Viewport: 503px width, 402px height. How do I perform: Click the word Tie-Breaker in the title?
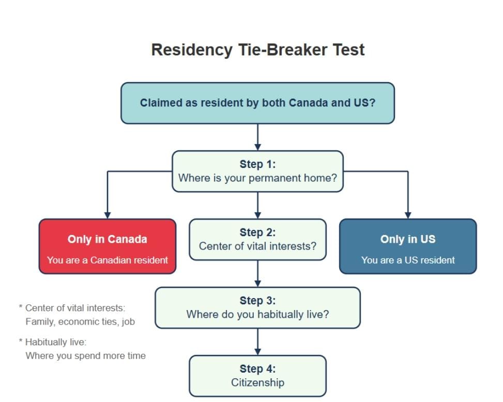[x=283, y=50]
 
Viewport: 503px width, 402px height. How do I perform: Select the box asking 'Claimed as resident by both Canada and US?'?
[x=257, y=103]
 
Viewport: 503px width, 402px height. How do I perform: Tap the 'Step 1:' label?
[x=257, y=164]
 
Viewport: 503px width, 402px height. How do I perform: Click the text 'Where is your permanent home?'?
[x=257, y=178]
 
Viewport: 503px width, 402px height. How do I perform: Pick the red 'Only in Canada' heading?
[x=108, y=239]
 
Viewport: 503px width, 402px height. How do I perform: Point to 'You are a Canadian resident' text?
[x=108, y=260]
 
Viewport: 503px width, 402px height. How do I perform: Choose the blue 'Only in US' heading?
[x=408, y=239]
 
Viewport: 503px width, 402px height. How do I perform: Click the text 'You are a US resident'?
[x=408, y=260]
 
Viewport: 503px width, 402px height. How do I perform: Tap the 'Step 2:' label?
[x=257, y=233]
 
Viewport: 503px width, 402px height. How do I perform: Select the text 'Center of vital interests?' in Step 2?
[x=257, y=246]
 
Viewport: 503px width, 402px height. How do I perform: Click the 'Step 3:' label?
[x=257, y=301]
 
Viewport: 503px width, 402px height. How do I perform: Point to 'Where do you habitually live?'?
[x=257, y=314]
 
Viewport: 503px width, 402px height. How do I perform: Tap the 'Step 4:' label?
[x=257, y=369]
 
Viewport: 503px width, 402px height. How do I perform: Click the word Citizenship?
[x=257, y=382]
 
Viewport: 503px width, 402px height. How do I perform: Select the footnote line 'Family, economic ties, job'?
[x=80, y=321]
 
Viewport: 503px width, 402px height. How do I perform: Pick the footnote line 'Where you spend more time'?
[x=86, y=356]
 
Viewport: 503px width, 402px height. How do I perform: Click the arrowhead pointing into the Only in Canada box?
[x=108, y=215]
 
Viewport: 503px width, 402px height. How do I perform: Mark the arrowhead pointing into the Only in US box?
[x=408, y=215]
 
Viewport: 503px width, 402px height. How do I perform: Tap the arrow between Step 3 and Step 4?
[x=257, y=342]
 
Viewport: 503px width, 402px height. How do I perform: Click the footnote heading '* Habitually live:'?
[x=53, y=342]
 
